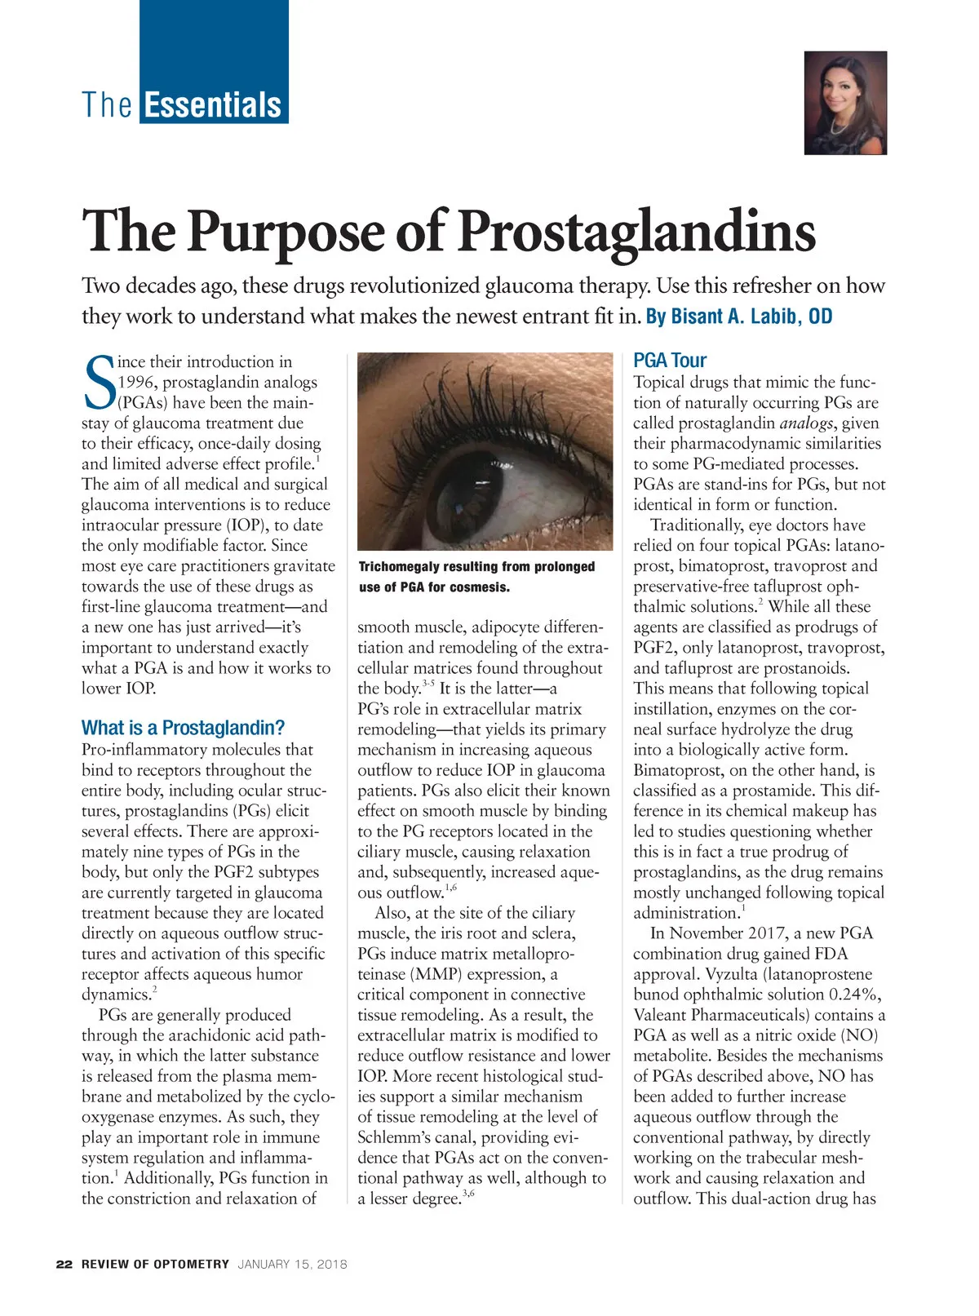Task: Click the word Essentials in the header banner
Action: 213,105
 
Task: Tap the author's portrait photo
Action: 845,103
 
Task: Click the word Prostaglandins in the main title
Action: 637,231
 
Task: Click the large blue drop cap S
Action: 99,383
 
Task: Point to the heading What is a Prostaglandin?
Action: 183,728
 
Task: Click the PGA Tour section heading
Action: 670,361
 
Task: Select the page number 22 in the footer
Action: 64,1265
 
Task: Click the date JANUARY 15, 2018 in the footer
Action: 292,1265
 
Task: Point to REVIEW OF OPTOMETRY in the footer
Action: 155,1265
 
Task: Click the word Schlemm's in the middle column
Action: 396,1137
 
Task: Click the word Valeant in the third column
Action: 662,1015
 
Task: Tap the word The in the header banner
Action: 107,105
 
